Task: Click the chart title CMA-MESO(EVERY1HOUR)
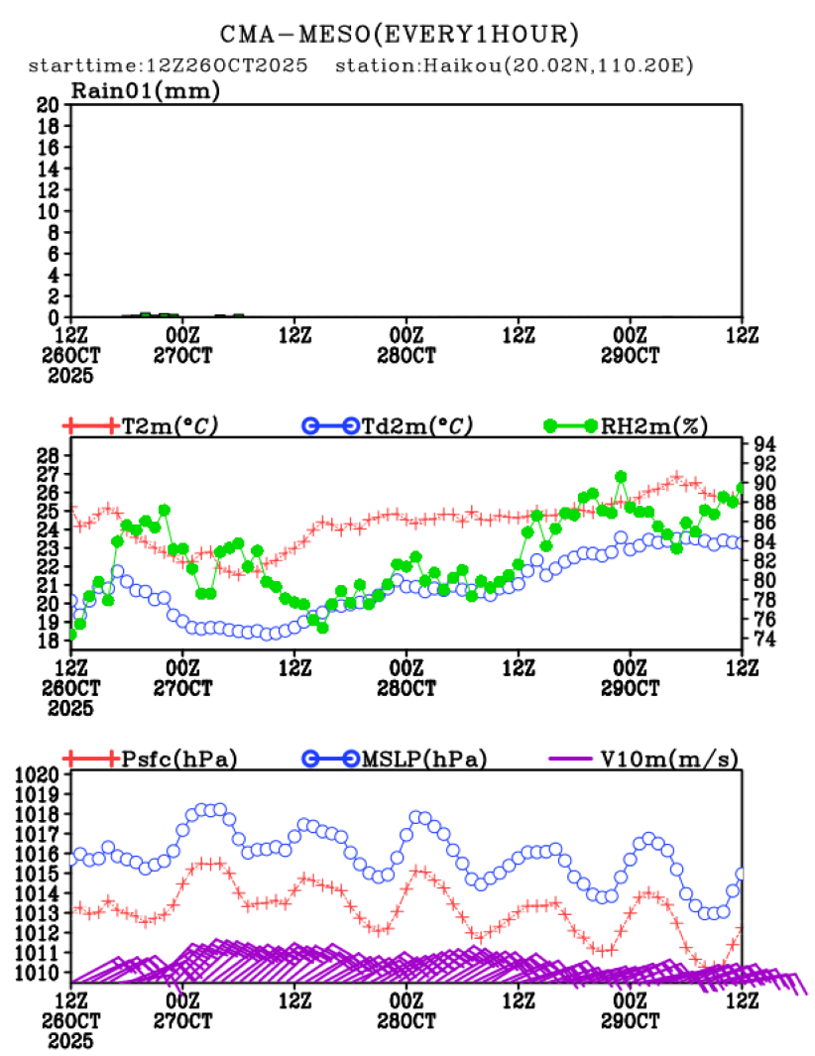click(x=399, y=35)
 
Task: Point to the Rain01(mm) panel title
click(x=145, y=91)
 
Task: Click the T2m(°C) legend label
click(x=170, y=426)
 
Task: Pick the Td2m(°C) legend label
click(x=413, y=426)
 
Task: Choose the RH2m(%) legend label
click(x=654, y=426)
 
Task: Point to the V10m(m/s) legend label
click(x=669, y=760)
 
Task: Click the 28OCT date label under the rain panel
click(x=406, y=355)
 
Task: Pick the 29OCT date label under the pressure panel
click(x=631, y=1021)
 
